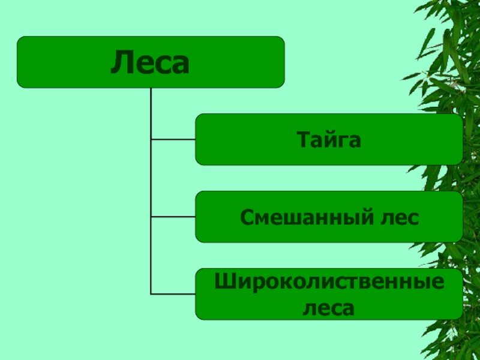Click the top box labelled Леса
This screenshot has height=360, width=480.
coord(150,62)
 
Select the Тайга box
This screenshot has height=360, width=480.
coord(329,139)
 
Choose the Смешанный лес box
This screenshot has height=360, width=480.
coord(329,217)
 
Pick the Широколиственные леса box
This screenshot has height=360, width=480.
coord(329,294)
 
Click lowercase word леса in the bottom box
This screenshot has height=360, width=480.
coord(329,308)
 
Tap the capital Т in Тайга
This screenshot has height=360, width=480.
coord(303,140)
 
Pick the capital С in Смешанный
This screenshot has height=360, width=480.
coord(247,217)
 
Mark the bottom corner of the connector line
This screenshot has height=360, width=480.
coord(151,294)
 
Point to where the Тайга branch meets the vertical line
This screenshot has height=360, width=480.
coord(151,139)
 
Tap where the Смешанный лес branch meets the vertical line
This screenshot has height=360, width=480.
coord(151,217)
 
